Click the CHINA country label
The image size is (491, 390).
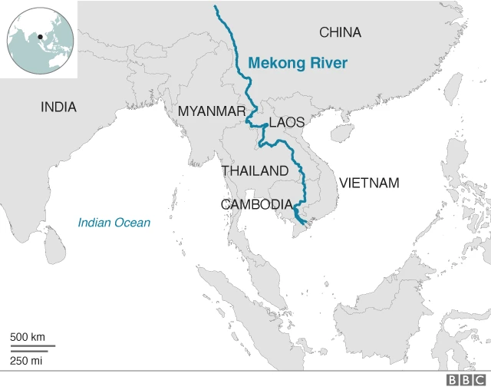point(340,32)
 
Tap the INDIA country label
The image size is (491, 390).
point(58,107)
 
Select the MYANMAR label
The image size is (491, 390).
point(211,111)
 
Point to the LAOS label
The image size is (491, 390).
point(287,123)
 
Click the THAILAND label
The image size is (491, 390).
point(255,170)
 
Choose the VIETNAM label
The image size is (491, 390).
point(369,183)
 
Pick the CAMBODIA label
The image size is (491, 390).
point(256,205)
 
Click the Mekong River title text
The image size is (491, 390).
point(298,63)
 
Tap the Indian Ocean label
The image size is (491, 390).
point(114,223)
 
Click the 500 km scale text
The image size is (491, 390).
point(28,337)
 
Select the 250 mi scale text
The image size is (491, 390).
point(26,361)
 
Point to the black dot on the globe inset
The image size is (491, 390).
point(39,35)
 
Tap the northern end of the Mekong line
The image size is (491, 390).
point(216,7)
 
